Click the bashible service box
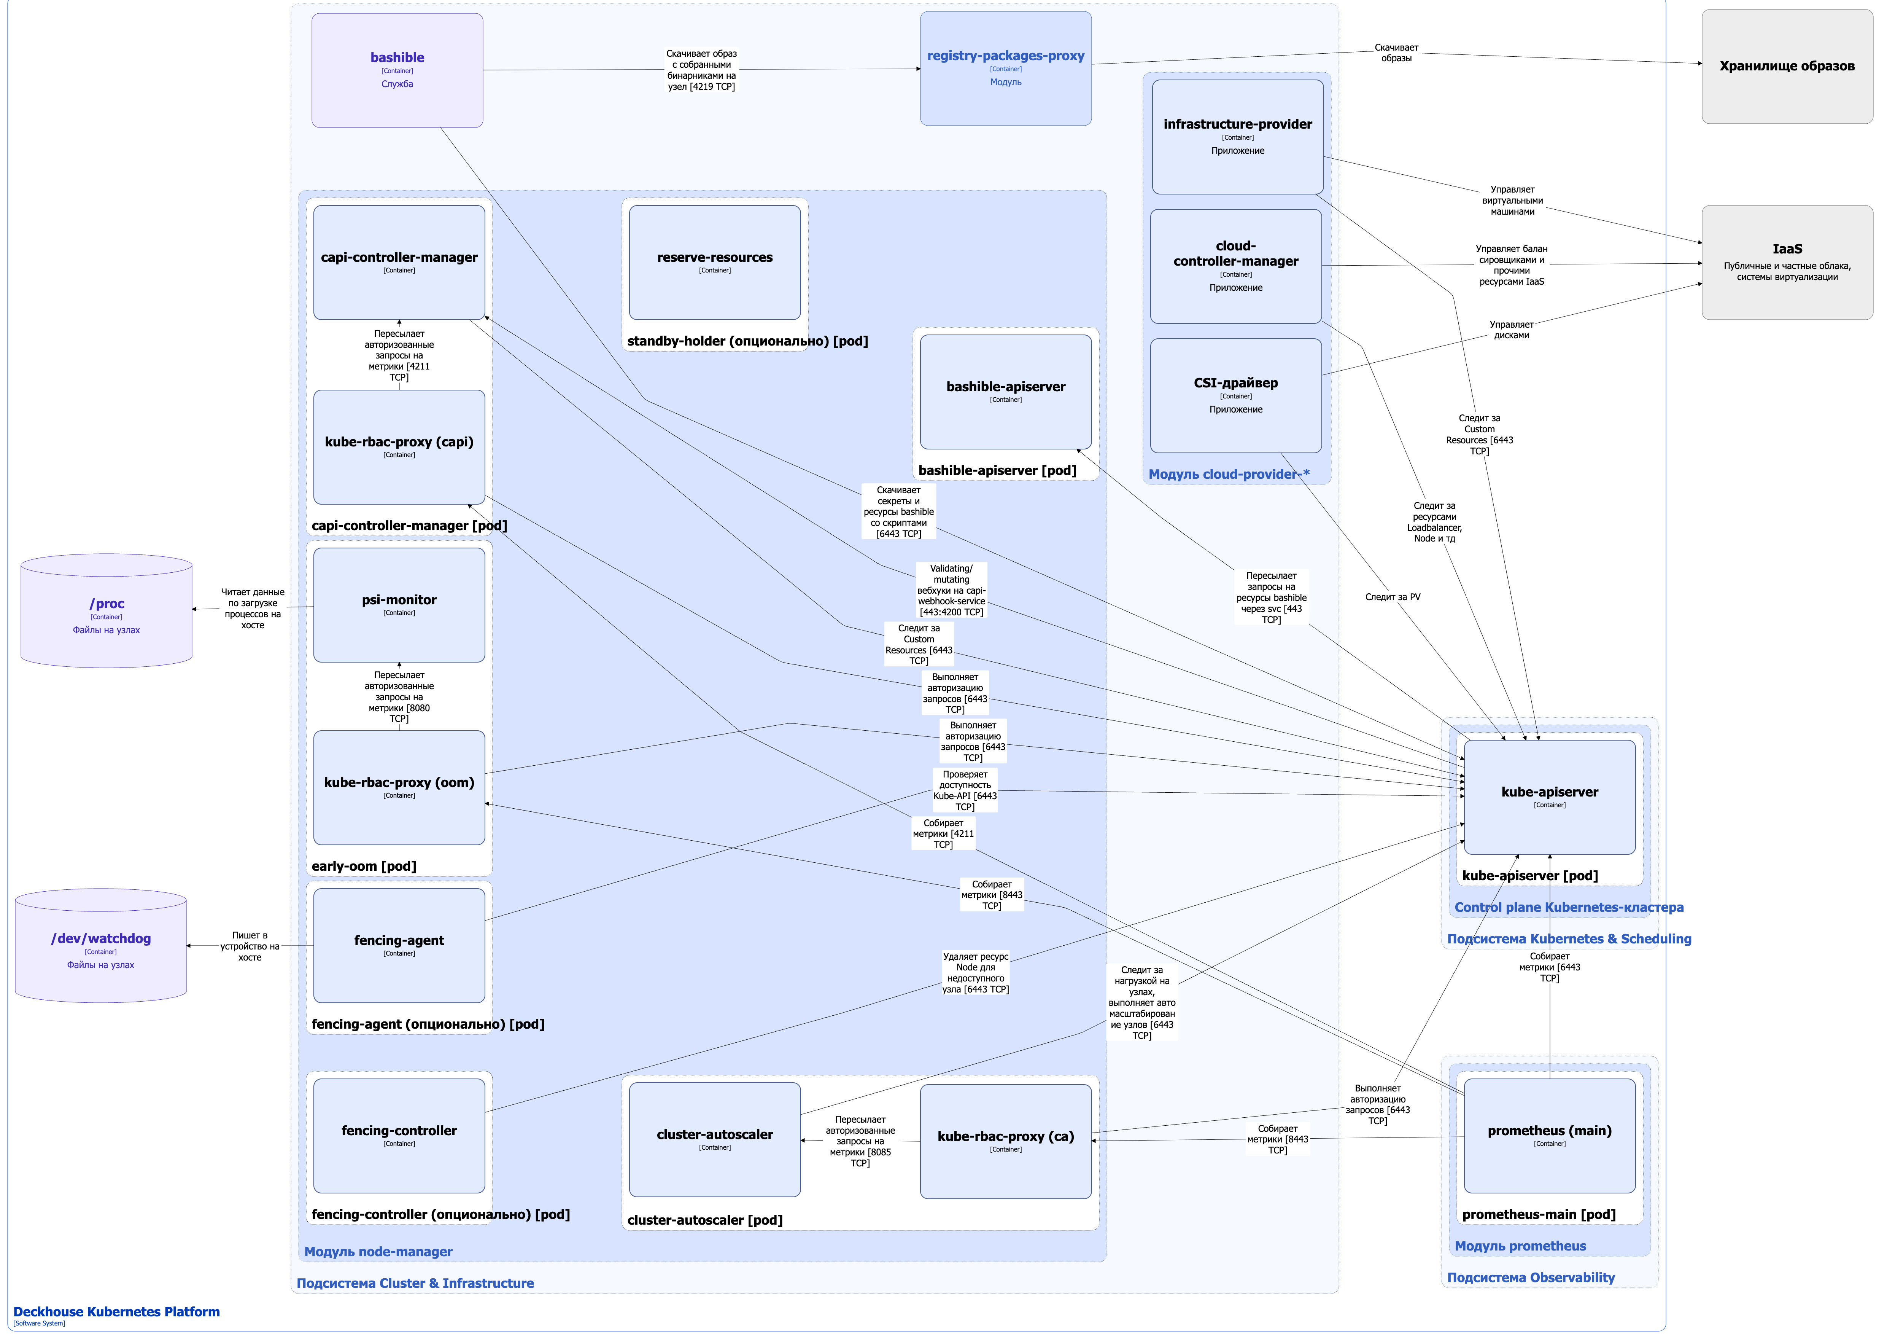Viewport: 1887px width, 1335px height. (397, 70)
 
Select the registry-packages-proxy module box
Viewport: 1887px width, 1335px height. (1005, 68)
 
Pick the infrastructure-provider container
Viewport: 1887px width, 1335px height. (1237, 137)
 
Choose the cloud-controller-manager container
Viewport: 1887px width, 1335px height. (1235, 266)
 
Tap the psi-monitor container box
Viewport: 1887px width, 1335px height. (399, 605)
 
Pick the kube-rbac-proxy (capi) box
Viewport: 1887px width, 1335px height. (399, 446)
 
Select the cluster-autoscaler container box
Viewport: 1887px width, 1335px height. (714, 1139)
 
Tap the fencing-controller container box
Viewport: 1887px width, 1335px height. (399, 1135)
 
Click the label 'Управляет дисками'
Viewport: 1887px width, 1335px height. (1510, 330)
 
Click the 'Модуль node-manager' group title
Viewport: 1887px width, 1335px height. (378, 1251)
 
